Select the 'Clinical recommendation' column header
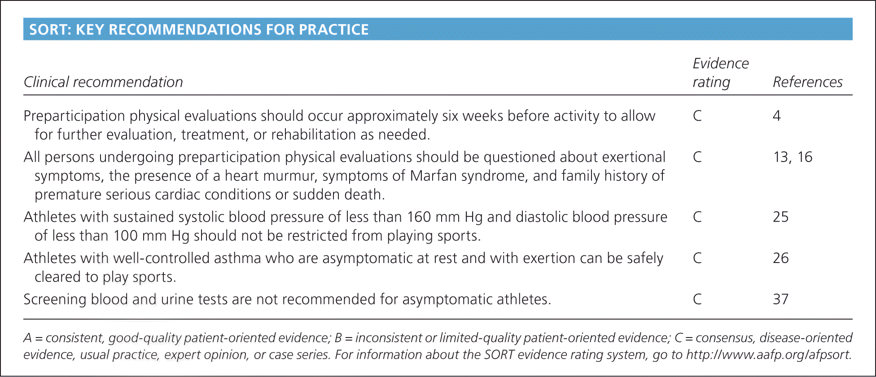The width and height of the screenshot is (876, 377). click(103, 82)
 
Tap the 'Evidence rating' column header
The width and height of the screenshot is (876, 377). click(721, 73)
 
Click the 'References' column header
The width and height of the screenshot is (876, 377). click(807, 82)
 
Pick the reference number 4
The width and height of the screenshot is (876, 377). click(777, 116)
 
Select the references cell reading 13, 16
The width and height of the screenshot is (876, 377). click(793, 157)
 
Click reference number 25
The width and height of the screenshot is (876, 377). click(781, 217)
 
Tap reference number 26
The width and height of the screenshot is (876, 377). click(781, 258)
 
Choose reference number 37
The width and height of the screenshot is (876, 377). click(781, 299)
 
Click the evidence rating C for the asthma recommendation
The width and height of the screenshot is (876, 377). click(697, 258)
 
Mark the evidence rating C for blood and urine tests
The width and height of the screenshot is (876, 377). click(697, 299)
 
